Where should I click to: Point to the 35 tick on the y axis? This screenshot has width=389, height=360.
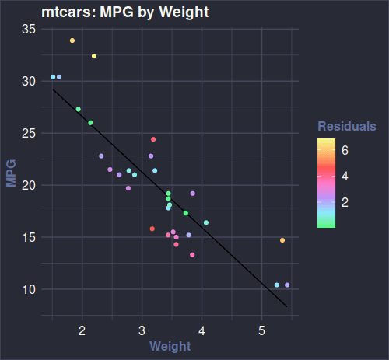tap(28, 29)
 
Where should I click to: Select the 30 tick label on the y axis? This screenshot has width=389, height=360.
tap(28, 81)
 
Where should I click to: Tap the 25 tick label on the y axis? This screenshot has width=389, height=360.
tap(28, 133)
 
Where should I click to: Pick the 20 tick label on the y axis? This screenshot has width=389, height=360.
tap(28, 185)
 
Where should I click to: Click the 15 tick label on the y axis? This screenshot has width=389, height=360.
tap(28, 237)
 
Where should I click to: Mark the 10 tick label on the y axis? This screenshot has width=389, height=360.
tap(28, 289)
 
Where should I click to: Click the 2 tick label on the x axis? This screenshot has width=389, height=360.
tap(82, 330)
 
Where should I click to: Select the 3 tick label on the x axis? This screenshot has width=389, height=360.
tap(142, 330)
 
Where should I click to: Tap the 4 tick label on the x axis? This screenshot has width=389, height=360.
tap(202, 330)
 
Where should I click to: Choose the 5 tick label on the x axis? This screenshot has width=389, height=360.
tap(261, 330)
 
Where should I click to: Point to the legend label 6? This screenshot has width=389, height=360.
tap(345, 152)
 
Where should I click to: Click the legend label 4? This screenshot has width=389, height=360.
tap(345, 177)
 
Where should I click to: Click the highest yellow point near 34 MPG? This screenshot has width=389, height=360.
tap(72, 40)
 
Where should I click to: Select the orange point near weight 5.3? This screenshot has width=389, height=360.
tap(282, 240)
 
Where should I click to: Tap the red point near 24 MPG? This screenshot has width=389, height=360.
tap(153, 139)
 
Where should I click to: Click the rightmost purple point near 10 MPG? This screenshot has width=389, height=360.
tap(287, 285)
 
